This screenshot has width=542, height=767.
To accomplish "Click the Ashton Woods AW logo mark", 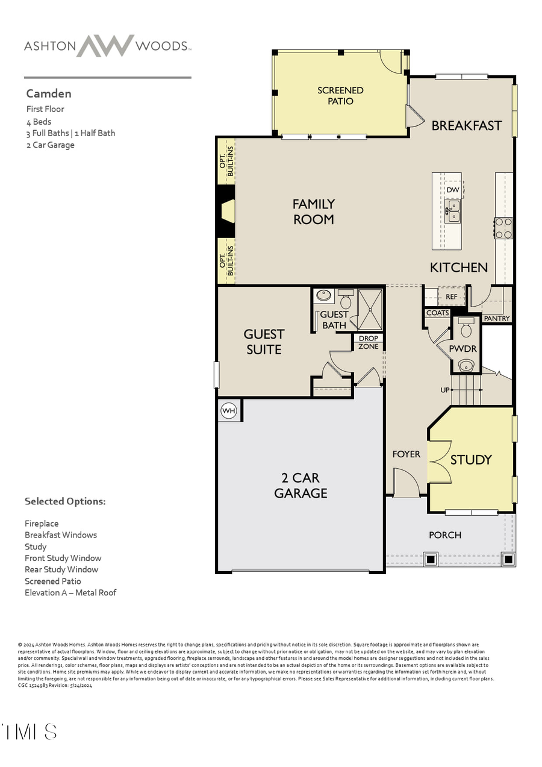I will (105, 46).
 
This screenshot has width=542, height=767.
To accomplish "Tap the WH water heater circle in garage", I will (229, 411).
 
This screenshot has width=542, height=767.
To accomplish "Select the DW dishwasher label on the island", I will (453, 190).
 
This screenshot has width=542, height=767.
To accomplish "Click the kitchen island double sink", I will (453, 211).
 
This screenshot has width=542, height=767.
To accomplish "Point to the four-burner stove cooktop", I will (503, 228).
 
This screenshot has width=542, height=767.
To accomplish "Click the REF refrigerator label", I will (452, 297).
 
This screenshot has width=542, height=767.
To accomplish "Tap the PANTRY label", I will (497, 318).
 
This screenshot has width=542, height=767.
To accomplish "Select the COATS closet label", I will (437, 313).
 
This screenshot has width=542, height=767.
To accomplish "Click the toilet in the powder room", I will (466, 328).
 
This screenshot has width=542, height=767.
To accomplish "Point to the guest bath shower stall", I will (370, 309).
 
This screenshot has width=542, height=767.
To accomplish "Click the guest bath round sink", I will (324, 295).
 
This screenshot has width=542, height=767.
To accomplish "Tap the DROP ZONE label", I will (368, 342).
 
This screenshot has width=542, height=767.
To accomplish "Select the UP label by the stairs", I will (445, 390).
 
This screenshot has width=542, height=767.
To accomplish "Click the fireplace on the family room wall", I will (227, 211).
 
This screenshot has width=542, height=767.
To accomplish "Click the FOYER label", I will (406, 454).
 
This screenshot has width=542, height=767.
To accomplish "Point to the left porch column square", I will (431, 559).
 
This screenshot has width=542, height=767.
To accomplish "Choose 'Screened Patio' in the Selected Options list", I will (53, 581).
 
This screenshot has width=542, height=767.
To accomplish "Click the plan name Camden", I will (49, 93).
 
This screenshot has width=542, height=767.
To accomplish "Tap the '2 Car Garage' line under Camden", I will (51, 145).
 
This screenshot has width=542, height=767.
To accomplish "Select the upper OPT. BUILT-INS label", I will (226, 161).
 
